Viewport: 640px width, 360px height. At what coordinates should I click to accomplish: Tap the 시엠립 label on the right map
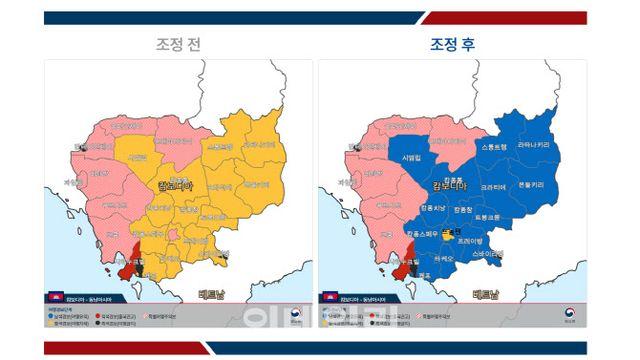[x=411, y=158]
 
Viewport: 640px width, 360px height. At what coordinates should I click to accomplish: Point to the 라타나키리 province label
[x=533, y=145]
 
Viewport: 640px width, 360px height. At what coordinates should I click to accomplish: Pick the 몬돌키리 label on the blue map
[x=529, y=185]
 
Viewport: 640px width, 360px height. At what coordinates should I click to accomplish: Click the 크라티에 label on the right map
[x=492, y=187]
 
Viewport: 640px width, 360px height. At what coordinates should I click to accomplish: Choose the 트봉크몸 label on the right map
[x=487, y=217]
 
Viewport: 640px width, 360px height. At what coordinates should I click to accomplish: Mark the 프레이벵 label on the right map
[x=470, y=241]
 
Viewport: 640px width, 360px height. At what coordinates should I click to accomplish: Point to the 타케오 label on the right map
[x=444, y=259]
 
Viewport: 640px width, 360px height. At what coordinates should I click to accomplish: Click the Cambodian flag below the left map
[x=55, y=298]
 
